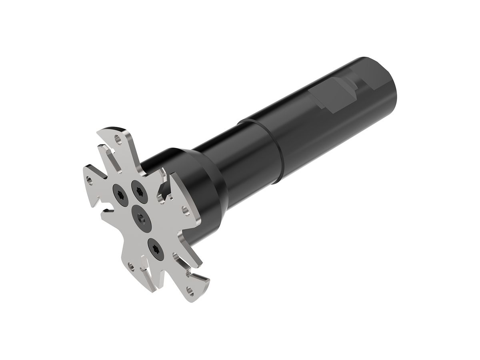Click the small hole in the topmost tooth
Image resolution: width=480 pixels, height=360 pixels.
pyautogui.click(x=117, y=140)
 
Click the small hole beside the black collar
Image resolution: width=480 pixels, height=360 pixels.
pyautogui.click(x=185, y=209)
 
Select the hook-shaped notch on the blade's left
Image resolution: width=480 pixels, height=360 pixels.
pyautogui.click(x=105, y=210)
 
